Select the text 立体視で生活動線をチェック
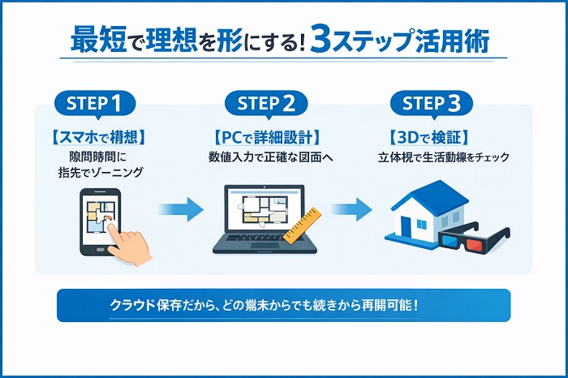(x=444, y=157)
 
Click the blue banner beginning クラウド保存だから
(x=284, y=306)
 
